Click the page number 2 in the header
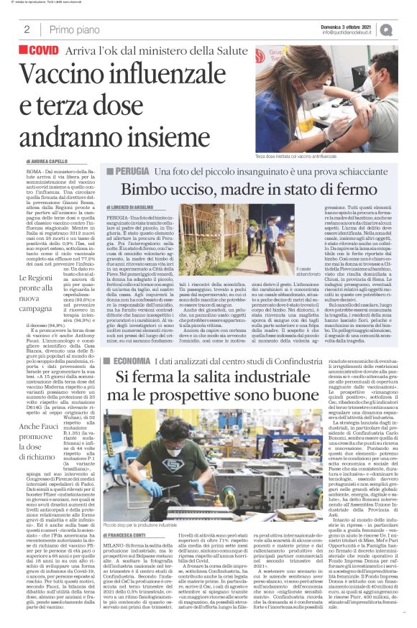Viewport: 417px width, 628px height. point(27,29)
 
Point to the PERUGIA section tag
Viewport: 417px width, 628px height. point(152,172)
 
